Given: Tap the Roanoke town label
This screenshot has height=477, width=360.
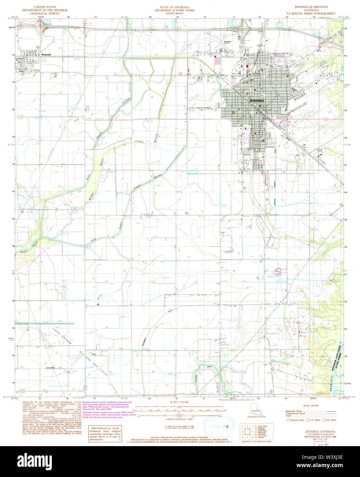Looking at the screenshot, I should [46, 55].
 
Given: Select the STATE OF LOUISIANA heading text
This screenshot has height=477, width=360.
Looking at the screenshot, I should [174, 7].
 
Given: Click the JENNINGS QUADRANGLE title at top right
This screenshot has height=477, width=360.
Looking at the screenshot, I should [311, 7].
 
